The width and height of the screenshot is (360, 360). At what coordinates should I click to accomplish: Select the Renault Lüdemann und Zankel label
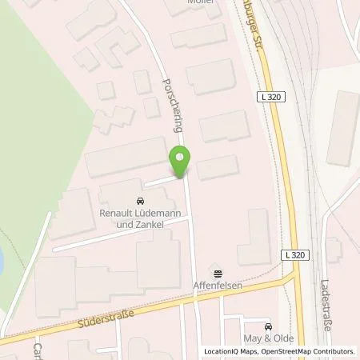coord(139,218)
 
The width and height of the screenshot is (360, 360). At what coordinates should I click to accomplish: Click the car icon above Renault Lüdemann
coord(140,201)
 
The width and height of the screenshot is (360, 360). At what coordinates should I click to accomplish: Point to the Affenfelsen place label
coord(214,285)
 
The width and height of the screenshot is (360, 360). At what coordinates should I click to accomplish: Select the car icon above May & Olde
coord(268,326)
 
